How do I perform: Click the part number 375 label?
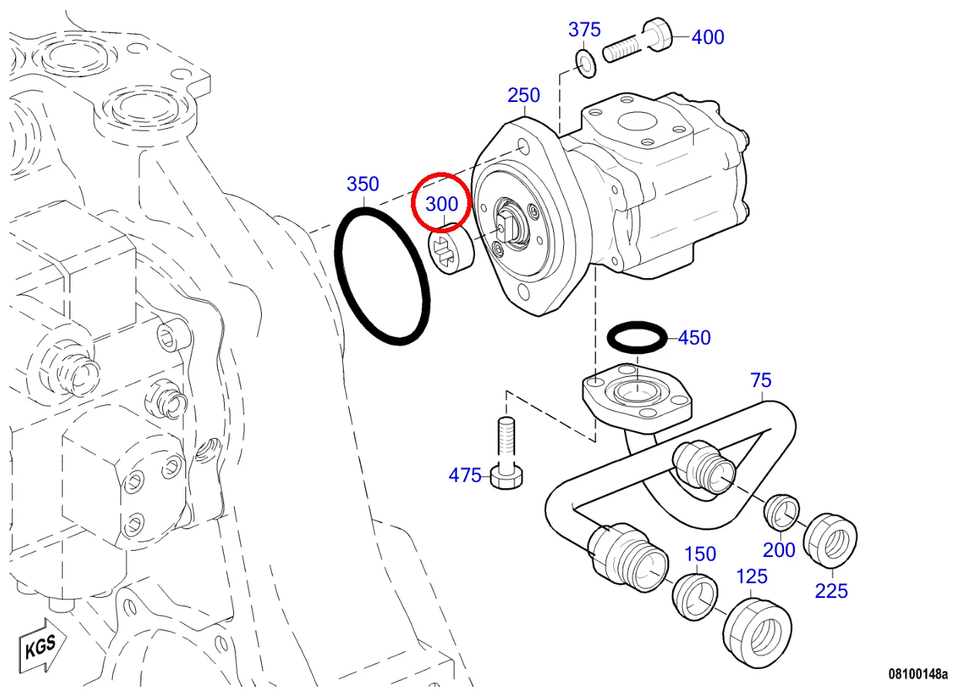(584, 30)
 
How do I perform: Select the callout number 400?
(708, 37)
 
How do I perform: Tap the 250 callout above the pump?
(524, 95)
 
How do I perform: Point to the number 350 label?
(363, 184)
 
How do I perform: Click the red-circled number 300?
(442, 204)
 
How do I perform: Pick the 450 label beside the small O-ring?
(694, 338)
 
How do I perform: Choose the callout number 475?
(465, 475)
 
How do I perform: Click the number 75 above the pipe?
(761, 380)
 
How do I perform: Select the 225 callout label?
(831, 591)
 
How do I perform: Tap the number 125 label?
(752, 577)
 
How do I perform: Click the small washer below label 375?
(586, 63)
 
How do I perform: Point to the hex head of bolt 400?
(657, 35)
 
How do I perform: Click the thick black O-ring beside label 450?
(636, 338)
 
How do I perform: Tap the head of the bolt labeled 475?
(507, 477)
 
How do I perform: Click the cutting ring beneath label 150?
(695, 597)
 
